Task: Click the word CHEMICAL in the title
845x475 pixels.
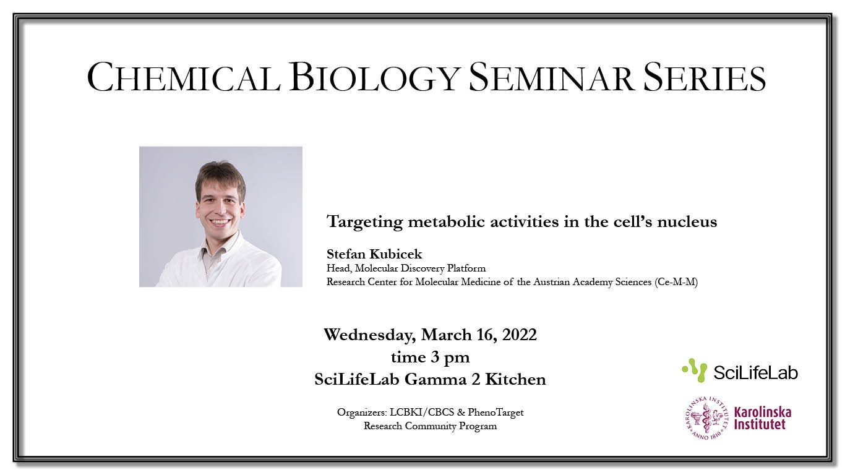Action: (x=184, y=77)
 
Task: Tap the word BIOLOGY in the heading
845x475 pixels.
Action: (x=374, y=77)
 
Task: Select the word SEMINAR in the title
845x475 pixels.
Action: (x=551, y=77)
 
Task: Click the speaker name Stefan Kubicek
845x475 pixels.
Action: (x=374, y=254)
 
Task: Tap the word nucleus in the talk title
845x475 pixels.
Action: (x=687, y=221)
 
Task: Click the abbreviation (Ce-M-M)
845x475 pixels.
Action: (x=676, y=282)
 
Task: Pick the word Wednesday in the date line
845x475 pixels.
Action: (x=370, y=335)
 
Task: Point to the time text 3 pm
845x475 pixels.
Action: (x=451, y=357)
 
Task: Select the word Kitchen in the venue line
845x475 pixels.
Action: (x=515, y=380)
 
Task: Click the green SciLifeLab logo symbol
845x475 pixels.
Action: (x=695, y=370)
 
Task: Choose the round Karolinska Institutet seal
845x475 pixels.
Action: (x=706, y=418)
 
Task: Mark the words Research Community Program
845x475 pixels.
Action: (x=430, y=426)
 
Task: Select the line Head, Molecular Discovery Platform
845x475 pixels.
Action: (x=406, y=268)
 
